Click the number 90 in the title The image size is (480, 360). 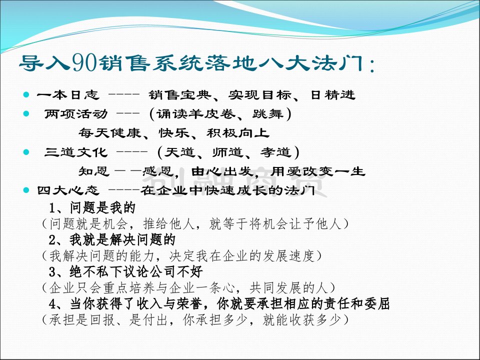tap(85, 63)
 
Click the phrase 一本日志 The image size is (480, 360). tap(68, 95)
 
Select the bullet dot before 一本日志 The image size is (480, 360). tap(26, 94)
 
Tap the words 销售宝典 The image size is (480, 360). tap(180, 95)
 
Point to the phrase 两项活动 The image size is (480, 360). tap(76, 114)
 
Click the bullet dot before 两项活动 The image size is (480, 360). tap(26, 114)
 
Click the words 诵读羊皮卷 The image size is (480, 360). tap(196, 114)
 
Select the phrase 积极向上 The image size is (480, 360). tap(238, 133)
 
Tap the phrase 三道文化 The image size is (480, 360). tap(76, 152)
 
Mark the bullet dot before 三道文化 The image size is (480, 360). tap(26, 152)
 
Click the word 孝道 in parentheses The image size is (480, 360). tap(275, 152)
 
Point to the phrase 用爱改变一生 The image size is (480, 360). tap(318, 171)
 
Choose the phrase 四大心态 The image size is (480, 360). tap(68, 190)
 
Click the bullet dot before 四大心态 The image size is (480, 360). tap(26, 190)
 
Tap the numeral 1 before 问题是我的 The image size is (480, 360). tap(52, 208)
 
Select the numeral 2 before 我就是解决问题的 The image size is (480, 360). tap(52, 239)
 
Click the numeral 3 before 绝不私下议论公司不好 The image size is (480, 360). tap(52, 271)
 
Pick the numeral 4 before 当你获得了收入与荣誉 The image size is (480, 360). tap(52, 304)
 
